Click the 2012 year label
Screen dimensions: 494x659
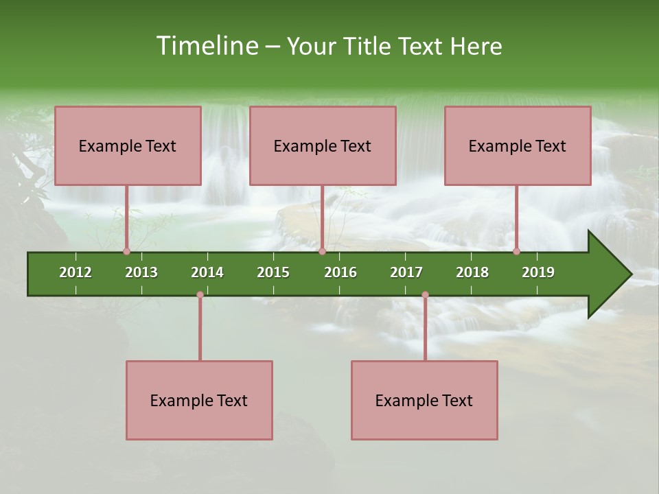[76, 272]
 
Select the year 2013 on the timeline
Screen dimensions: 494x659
[141, 272]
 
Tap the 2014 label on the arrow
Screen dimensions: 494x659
[207, 272]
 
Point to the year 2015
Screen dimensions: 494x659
[273, 272]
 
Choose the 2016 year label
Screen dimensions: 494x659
[340, 272]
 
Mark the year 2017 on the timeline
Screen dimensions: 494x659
[406, 272]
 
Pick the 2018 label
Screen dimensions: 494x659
[472, 272]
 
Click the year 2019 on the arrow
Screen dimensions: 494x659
[538, 272]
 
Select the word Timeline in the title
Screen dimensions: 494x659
[206, 46]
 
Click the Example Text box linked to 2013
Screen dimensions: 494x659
[128, 145]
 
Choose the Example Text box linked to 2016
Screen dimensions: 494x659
[323, 145]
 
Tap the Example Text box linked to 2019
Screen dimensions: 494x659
[518, 145]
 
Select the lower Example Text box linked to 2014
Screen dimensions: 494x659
[199, 400]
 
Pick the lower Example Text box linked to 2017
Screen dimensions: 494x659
[424, 400]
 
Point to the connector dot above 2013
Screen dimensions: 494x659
[126, 251]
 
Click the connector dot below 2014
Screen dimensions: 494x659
[200, 295]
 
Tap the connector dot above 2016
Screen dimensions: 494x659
[322, 251]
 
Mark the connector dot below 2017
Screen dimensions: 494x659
[425, 295]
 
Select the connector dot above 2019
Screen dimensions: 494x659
[516, 251]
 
